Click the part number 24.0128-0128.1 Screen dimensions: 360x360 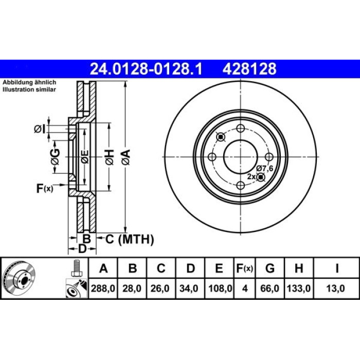pyautogui.click(x=146, y=69)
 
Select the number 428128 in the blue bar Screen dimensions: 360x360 pyautogui.click(x=249, y=69)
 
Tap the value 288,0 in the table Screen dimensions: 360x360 pyautogui.click(x=103, y=288)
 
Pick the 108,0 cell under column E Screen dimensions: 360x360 pyautogui.click(x=220, y=288)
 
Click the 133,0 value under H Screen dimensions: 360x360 pyautogui.click(x=299, y=288)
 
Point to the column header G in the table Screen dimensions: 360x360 pyautogui.click(x=270, y=268)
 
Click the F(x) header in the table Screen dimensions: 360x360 pyautogui.click(x=244, y=268)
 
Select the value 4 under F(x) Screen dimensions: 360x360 pyautogui.click(x=245, y=288)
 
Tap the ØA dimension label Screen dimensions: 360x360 pyautogui.click(x=126, y=157)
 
